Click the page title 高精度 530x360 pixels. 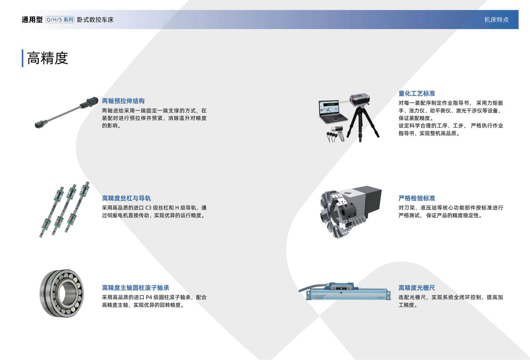(48, 58)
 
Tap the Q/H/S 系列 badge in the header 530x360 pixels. (60, 20)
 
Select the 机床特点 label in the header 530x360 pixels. (496, 20)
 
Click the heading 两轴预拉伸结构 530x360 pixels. (123, 101)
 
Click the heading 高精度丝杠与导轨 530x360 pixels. (126, 198)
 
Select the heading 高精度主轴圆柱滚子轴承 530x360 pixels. (135, 287)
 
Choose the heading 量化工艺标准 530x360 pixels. (417, 93)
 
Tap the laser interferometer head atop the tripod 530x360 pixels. (361, 100)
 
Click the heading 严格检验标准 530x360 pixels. (417, 198)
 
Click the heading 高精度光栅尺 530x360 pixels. (417, 287)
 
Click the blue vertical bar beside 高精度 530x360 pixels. (22, 58)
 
